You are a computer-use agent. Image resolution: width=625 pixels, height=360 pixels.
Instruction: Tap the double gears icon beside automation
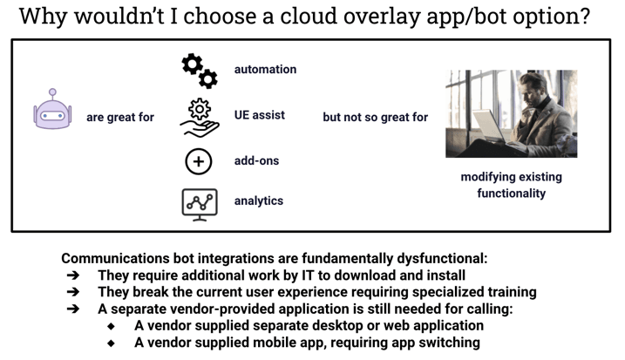pos(200,71)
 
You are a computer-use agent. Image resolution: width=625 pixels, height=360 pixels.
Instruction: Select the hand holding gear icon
pos(200,118)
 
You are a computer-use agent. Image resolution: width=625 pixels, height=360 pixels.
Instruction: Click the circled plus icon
pos(199,161)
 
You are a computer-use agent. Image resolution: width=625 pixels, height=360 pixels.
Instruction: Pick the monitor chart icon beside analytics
pos(200,205)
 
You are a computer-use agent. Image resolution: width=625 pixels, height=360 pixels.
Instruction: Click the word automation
pos(266,70)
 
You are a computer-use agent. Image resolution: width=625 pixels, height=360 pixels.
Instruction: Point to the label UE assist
pos(260,115)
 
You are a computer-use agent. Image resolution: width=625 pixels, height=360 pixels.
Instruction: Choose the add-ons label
pos(256,160)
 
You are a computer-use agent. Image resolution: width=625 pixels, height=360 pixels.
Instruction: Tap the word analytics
pos(259,201)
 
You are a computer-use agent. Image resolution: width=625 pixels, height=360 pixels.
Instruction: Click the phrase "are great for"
pos(120,117)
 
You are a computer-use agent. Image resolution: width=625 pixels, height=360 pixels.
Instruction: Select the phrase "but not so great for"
pos(375,117)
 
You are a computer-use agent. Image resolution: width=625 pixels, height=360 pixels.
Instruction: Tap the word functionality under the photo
pos(512,194)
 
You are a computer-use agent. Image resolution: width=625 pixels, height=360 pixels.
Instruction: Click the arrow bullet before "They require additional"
pos(73,275)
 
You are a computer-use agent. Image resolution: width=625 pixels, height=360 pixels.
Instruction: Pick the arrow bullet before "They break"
pos(73,292)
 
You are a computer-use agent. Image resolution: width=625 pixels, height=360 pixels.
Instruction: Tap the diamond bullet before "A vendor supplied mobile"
pos(111,343)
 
